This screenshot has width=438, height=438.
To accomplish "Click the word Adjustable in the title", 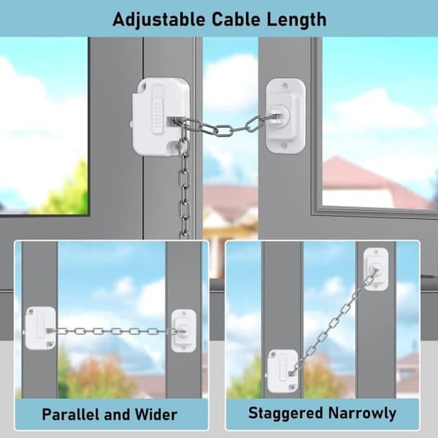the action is coord(158,20).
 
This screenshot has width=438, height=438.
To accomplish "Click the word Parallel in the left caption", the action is coord(71,414).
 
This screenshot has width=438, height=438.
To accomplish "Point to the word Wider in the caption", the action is coord(156,414).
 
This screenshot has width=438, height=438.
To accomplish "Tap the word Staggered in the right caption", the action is coord(285,413).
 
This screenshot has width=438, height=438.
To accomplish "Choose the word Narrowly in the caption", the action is coord(362,413).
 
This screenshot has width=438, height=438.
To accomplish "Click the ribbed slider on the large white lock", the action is coord(158,110).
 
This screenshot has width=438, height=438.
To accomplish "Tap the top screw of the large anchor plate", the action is coord(285,85).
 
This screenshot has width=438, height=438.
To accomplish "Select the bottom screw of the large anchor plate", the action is coord(283,145).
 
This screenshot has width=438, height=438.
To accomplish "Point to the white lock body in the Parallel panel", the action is coord(40,328).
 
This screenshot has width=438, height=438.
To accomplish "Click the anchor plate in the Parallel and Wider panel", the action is coord(183,331).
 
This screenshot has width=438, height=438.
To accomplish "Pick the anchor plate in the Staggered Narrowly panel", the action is coord(376,269).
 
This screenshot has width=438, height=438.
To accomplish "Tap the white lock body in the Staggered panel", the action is coord(283,371).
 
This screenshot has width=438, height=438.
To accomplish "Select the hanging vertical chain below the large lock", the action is coord(184,185).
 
